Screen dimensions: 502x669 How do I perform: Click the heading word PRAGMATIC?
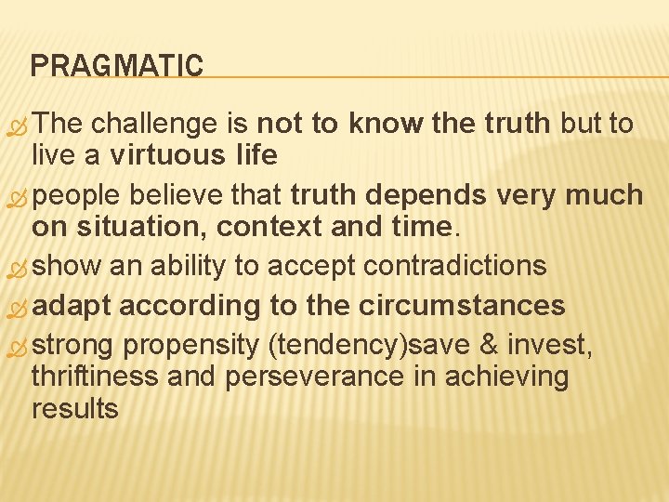click(116, 66)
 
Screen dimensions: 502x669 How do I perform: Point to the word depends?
click(426, 194)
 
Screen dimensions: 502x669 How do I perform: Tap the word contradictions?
click(454, 266)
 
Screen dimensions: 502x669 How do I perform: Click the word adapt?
click(72, 305)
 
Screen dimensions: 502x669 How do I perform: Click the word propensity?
click(190, 345)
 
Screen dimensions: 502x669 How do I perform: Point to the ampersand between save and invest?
click(488, 345)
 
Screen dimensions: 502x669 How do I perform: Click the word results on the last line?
click(74, 408)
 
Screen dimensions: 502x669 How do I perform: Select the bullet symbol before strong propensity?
click(18, 348)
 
